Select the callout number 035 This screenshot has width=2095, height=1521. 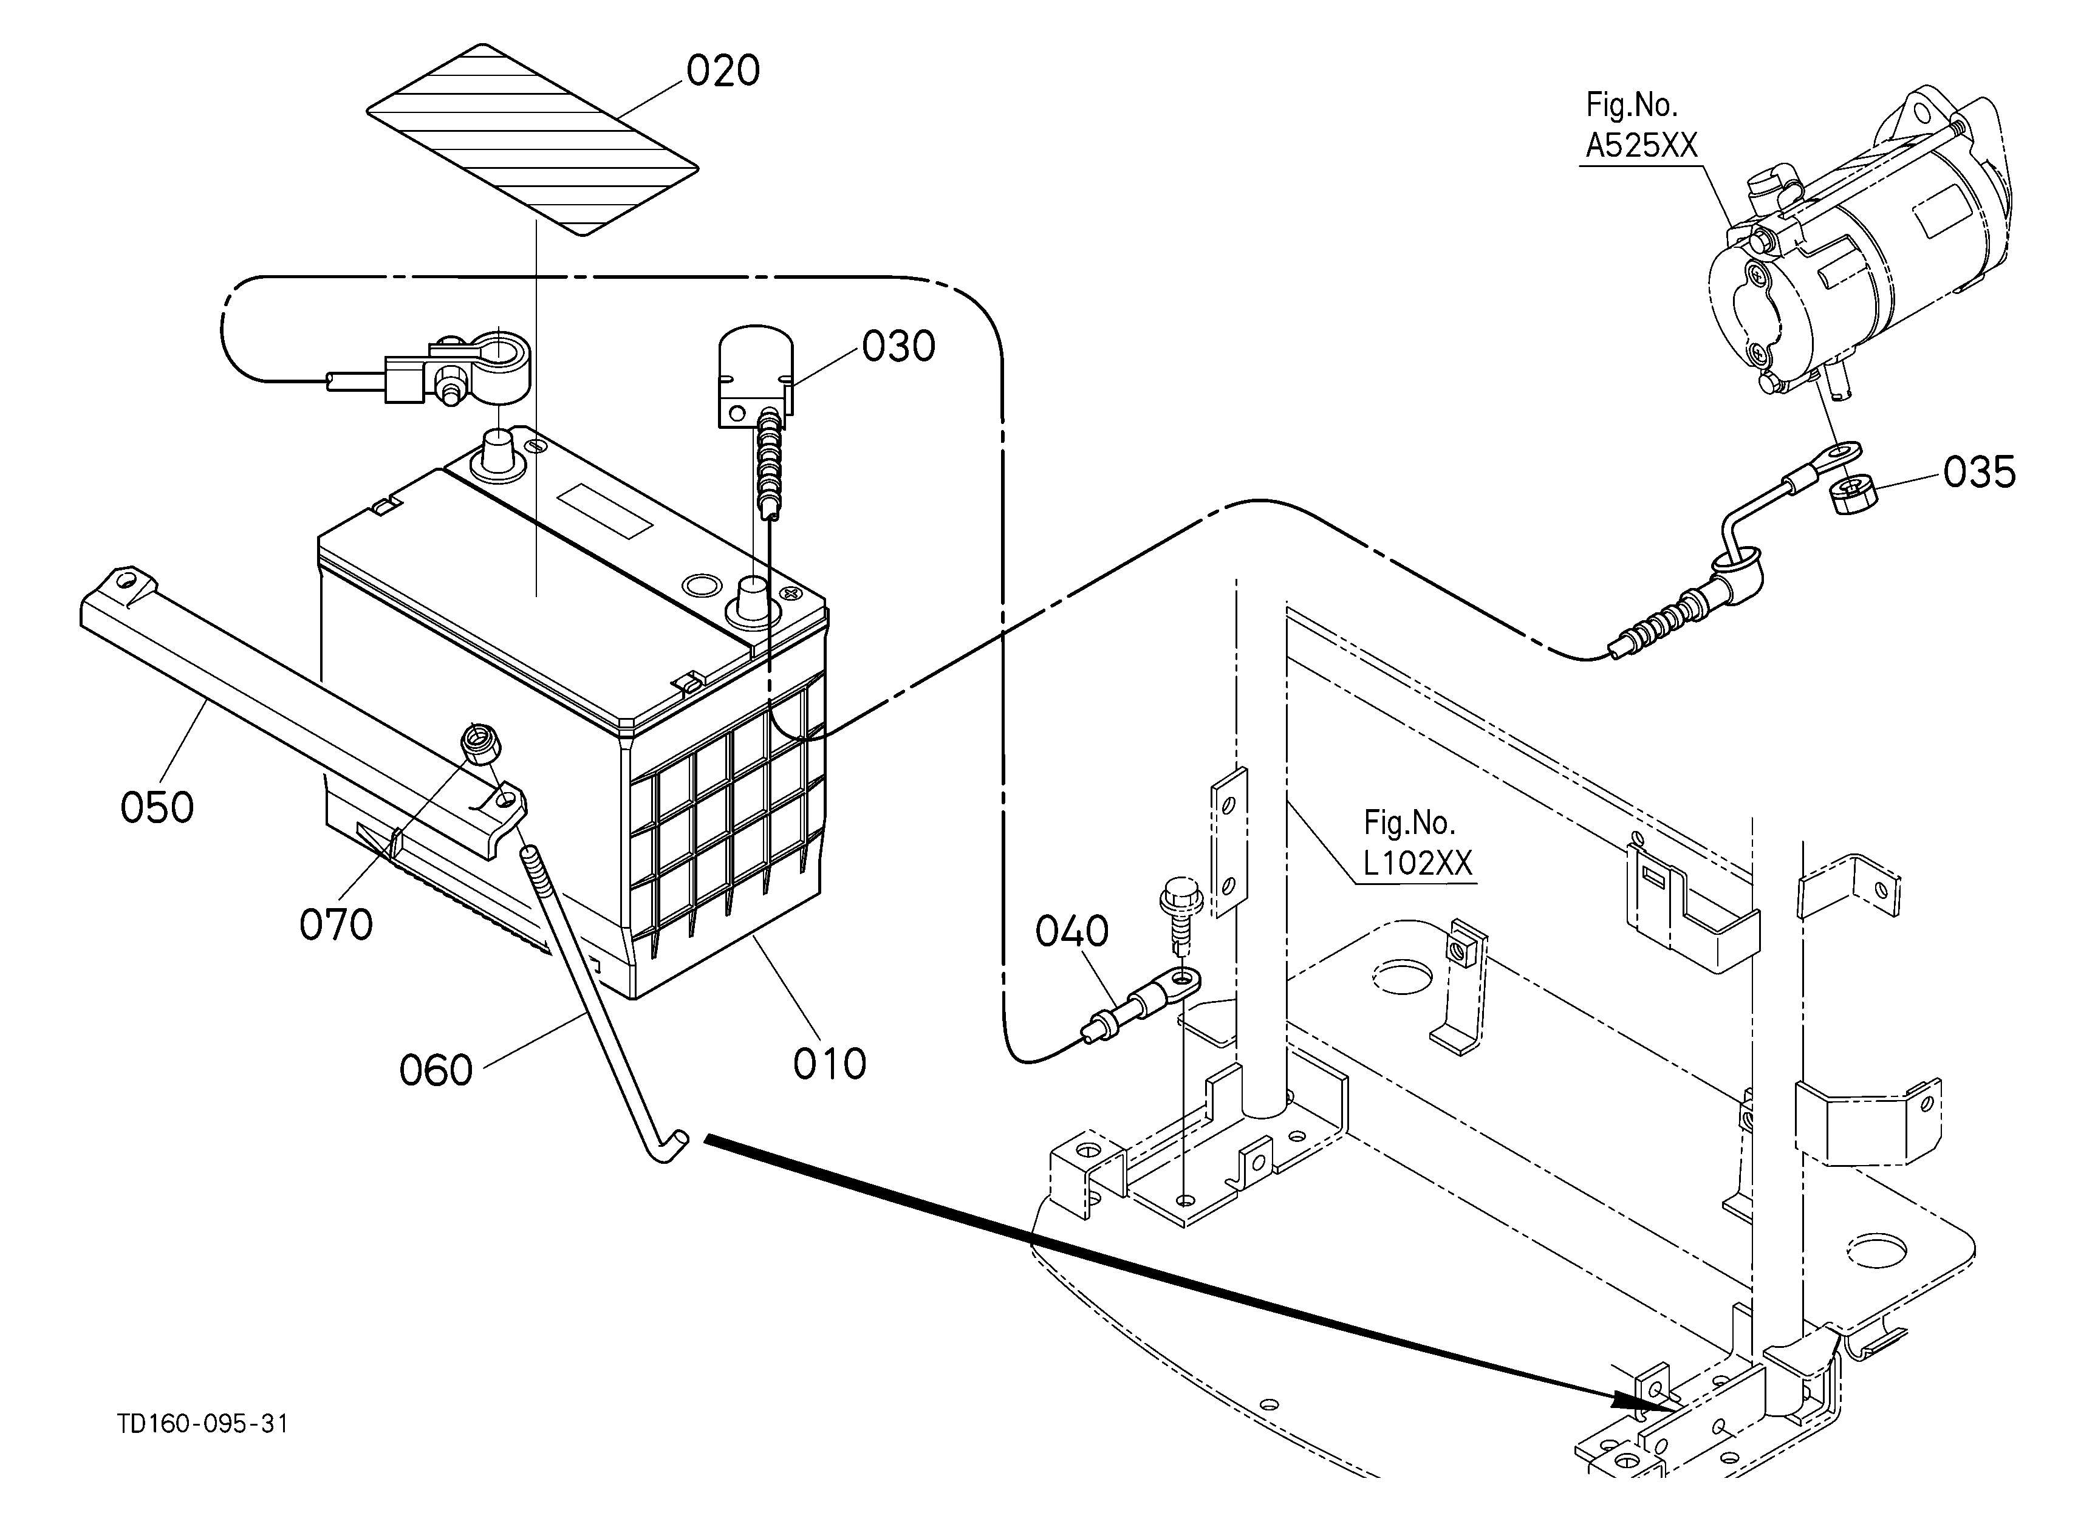pos(1980,472)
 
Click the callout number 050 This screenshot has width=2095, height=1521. pos(157,807)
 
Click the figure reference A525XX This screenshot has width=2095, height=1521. pos(1641,146)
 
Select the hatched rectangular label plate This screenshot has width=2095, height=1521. pos(533,140)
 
